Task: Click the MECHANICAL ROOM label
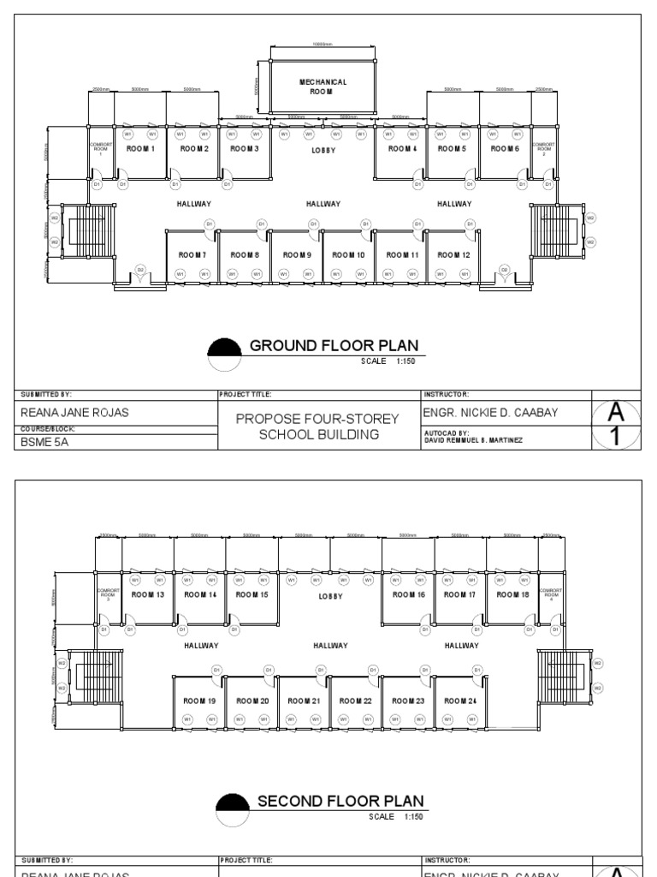point(323,86)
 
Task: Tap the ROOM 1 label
point(140,148)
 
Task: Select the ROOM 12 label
point(453,254)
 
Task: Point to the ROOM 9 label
point(296,254)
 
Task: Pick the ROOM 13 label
point(150,594)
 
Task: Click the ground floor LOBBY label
point(323,150)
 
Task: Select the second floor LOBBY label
point(330,596)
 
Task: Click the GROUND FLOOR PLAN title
point(334,346)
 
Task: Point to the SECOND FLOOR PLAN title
point(340,801)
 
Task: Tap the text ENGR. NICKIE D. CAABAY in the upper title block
point(491,413)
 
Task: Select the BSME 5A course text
point(44,442)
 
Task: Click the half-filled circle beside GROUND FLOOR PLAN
point(225,354)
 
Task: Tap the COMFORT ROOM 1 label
point(101,149)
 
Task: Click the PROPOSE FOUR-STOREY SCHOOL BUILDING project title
point(318,427)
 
